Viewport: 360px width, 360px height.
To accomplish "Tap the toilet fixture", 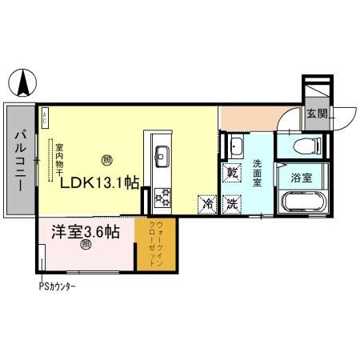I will (306, 145).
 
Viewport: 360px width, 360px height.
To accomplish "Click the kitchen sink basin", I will (159, 154).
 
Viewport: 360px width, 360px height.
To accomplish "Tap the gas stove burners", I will (162, 195).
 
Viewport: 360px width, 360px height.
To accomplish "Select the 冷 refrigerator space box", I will (207, 204).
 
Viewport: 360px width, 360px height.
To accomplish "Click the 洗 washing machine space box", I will (232, 204).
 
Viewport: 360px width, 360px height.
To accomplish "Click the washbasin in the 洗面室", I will (236, 145).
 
